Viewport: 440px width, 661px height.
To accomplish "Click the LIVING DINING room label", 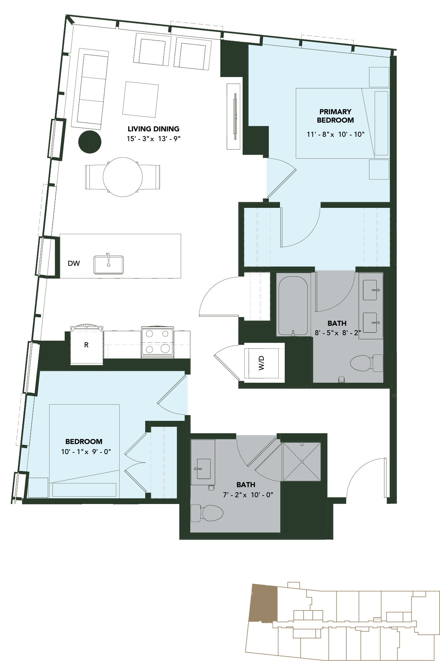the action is click(153, 129).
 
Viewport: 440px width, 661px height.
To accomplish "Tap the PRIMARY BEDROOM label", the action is click(335, 116).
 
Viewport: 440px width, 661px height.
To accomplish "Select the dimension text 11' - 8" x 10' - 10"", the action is click(335, 134).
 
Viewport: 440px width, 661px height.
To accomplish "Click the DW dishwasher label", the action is click(74, 263).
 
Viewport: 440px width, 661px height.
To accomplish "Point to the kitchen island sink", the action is click(108, 264).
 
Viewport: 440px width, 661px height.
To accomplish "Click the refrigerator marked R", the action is click(87, 344).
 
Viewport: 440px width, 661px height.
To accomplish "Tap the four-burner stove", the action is click(157, 342).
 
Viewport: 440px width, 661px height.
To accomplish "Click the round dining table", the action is click(123, 177).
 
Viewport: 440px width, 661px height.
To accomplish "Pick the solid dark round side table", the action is click(90, 142).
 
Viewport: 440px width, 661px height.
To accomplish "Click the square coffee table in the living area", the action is click(140, 99).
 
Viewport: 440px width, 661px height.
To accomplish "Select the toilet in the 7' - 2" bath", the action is click(207, 513).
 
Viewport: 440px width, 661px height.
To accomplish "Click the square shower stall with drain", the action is click(302, 462).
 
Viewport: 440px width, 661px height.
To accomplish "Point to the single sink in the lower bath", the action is click(203, 469).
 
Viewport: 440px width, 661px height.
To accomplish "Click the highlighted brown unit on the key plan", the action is click(263, 603).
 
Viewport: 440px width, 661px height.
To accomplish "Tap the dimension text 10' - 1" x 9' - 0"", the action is click(86, 451).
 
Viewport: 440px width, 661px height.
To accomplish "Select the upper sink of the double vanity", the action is click(370, 290).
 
